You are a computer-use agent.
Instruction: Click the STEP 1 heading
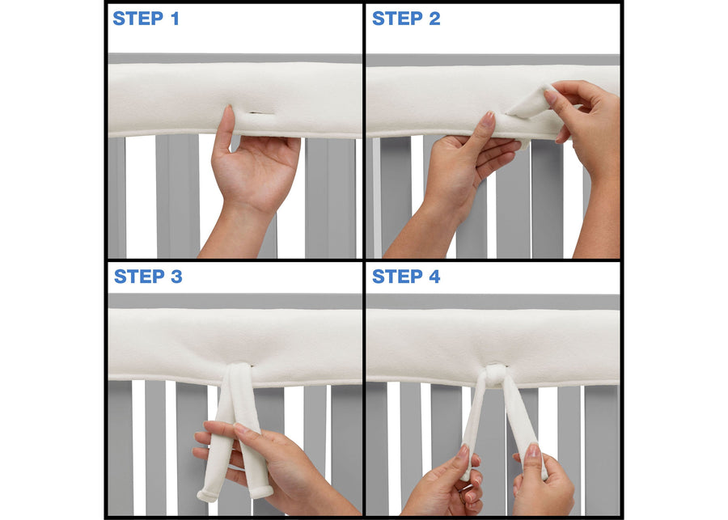pos(146,19)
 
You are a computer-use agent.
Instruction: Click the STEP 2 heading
pos(406,19)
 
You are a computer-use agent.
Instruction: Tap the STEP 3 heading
pos(148,277)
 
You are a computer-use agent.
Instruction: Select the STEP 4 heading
pos(406,277)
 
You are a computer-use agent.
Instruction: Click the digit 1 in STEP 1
pos(174,19)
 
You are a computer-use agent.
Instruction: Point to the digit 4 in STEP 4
pos(434,277)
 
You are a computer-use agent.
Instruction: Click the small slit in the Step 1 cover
pos(257,113)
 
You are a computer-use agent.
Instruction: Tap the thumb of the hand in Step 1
pos(226,129)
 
